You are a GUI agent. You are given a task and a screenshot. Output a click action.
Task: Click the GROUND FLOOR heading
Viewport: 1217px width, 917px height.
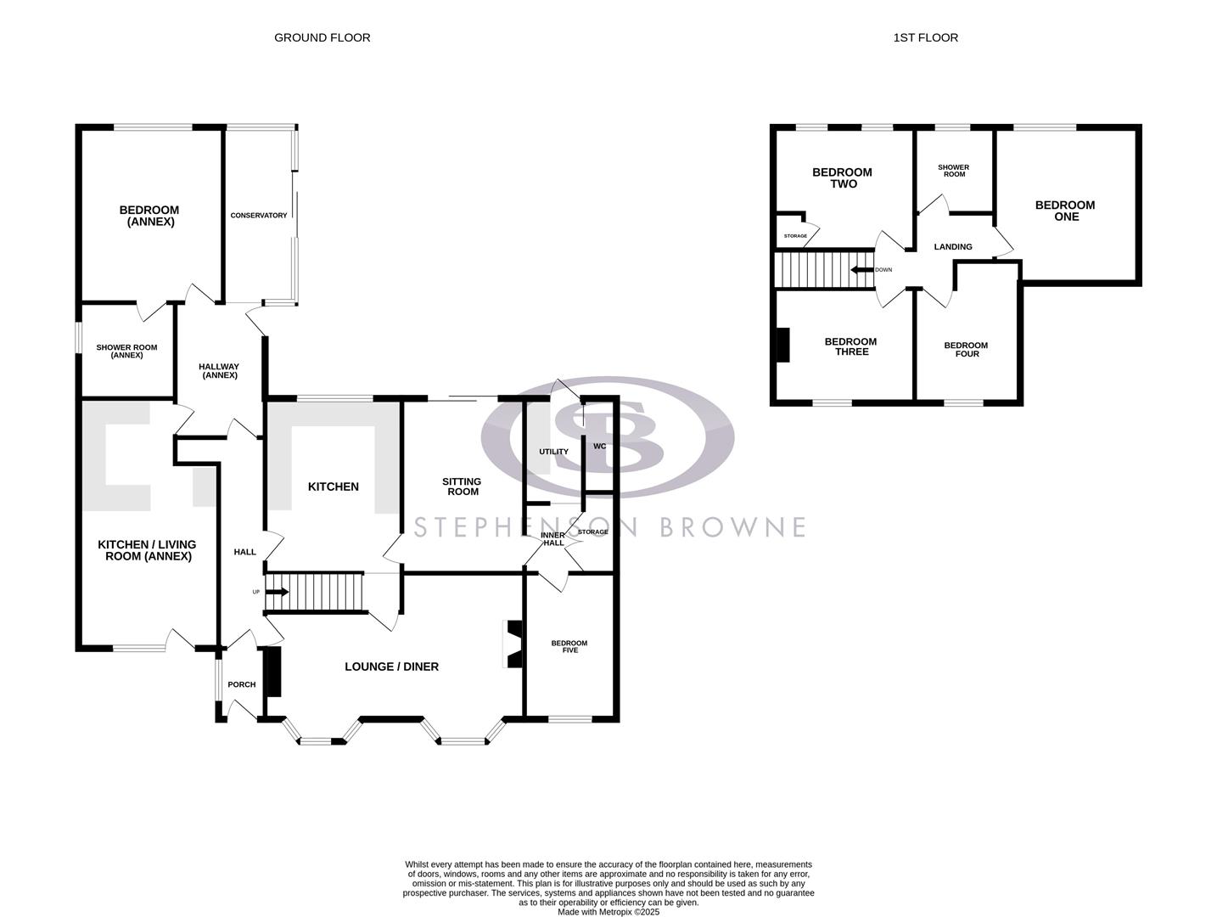coord(322,37)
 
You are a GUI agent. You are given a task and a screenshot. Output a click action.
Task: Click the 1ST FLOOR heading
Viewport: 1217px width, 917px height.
coord(925,37)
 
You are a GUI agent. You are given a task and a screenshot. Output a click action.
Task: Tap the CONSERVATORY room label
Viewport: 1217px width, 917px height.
coord(259,216)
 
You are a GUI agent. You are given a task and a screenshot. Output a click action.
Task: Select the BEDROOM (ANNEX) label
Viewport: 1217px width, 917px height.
coord(149,216)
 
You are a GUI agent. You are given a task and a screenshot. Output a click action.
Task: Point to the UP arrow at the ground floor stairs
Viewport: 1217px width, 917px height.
coord(278,592)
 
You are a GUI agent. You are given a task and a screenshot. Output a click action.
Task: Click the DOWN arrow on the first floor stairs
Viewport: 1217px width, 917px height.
coord(862,270)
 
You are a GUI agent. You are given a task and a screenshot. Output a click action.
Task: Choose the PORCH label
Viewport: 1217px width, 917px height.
coord(242,684)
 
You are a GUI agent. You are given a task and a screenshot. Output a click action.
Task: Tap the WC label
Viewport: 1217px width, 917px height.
coord(600,446)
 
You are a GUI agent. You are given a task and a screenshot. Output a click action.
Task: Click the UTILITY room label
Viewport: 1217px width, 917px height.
coord(554,452)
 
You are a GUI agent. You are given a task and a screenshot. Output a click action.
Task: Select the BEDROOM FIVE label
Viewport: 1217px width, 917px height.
coord(569,646)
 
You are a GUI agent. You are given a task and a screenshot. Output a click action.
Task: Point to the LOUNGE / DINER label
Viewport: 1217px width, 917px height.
coord(391,667)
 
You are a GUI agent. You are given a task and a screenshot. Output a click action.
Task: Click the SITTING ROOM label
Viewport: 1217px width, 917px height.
coord(463,487)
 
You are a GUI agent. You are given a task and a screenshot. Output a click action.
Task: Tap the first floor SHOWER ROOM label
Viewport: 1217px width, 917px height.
coord(954,171)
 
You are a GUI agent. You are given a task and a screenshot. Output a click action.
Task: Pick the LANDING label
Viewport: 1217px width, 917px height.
coord(952,247)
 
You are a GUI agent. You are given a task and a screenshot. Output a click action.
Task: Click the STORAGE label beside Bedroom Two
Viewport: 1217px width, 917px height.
coord(795,236)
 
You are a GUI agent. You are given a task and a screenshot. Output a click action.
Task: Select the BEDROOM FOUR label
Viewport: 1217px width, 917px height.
coord(966,349)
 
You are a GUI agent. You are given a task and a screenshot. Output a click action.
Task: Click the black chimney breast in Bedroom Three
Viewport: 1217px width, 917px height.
coord(782,345)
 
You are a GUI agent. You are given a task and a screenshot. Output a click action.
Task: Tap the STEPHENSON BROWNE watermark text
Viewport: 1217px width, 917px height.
coord(609,527)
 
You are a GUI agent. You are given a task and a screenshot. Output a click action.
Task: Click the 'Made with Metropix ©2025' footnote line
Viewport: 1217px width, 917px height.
coord(608,912)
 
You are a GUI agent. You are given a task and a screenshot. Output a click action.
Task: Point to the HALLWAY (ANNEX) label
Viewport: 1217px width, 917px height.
coord(219,371)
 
